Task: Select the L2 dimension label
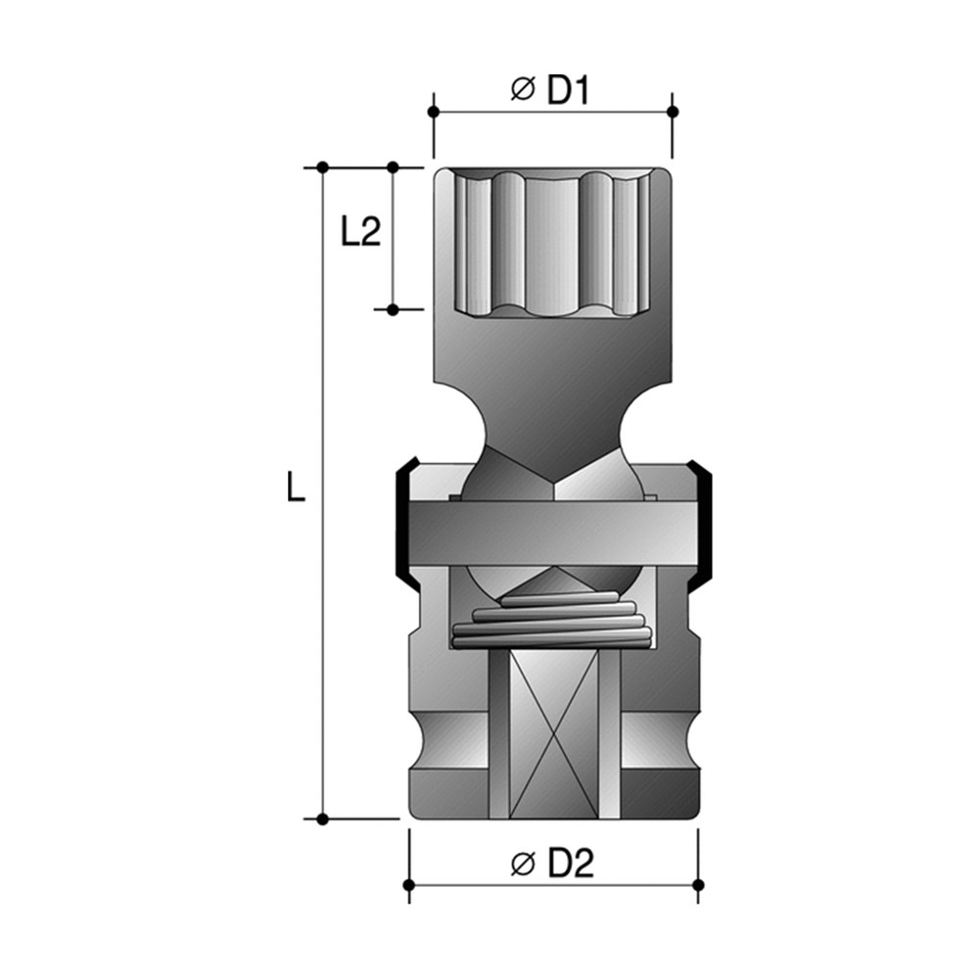[x=360, y=232]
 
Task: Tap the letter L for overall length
[x=296, y=487]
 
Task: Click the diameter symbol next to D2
[x=523, y=863]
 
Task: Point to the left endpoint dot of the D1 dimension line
[x=434, y=112]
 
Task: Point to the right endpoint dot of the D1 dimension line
[x=673, y=112]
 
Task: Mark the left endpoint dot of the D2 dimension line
[x=409, y=885]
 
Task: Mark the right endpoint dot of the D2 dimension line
[x=698, y=885]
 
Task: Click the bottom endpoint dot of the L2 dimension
[x=393, y=309]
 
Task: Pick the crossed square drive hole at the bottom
[x=554, y=735]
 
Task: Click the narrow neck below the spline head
[x=553, y=431]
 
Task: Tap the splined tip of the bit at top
[x=553, y=240]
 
